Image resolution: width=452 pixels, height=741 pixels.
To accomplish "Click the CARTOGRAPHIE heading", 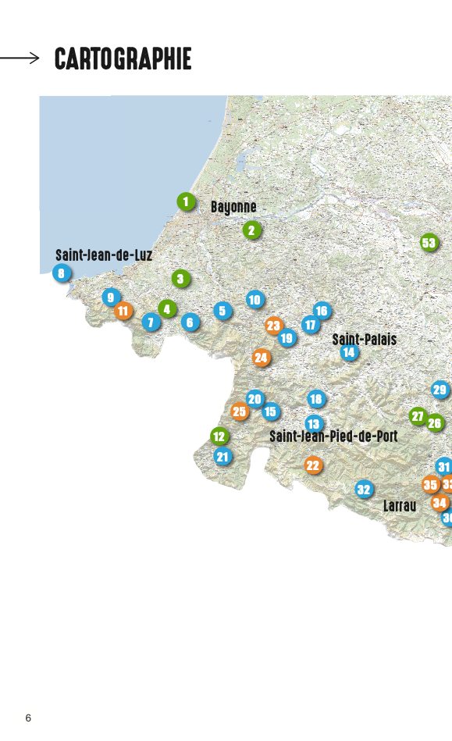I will click(x=123, y=59).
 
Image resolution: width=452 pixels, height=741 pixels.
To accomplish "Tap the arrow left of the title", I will click(x=20, y=57).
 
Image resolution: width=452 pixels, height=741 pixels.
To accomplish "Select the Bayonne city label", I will click(x=233, y=207).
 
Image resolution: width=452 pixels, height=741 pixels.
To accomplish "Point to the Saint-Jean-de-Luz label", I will click(x=104, y=255).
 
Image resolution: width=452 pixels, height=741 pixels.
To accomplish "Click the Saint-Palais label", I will click(x=365, y=340).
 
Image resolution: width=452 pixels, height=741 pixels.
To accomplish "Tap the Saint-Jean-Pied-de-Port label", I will click(x=333, y=436).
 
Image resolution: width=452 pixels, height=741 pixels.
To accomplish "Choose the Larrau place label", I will click(x=400, y=506).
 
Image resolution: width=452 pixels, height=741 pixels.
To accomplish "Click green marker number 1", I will click(x=186, y=202).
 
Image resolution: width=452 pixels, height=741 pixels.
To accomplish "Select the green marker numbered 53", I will click(x=429, y=242).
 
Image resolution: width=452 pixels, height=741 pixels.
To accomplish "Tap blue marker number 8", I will click(x=62, y=273).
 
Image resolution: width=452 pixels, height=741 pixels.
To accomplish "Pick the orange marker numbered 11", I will click(x=123, y=311).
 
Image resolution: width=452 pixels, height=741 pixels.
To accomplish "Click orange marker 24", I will click(x=262, y=358).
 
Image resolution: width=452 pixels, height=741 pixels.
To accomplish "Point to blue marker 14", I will click(x=349, y=352).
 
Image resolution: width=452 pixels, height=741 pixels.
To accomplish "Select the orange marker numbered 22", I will click(x=313, y=465).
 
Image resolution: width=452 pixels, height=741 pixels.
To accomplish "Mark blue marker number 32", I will click(x=364, y=490).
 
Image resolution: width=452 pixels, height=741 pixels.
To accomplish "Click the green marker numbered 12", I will click(x=219, y=436).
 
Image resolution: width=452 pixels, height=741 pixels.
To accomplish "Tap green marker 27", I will click(x=418, y=416).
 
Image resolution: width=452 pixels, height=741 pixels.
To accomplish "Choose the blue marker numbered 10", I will click(x=254, y=299).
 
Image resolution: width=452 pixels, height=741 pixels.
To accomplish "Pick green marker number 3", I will click(x=180, y=279).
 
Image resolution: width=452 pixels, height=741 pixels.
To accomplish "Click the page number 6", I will click(x=28, y=718).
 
